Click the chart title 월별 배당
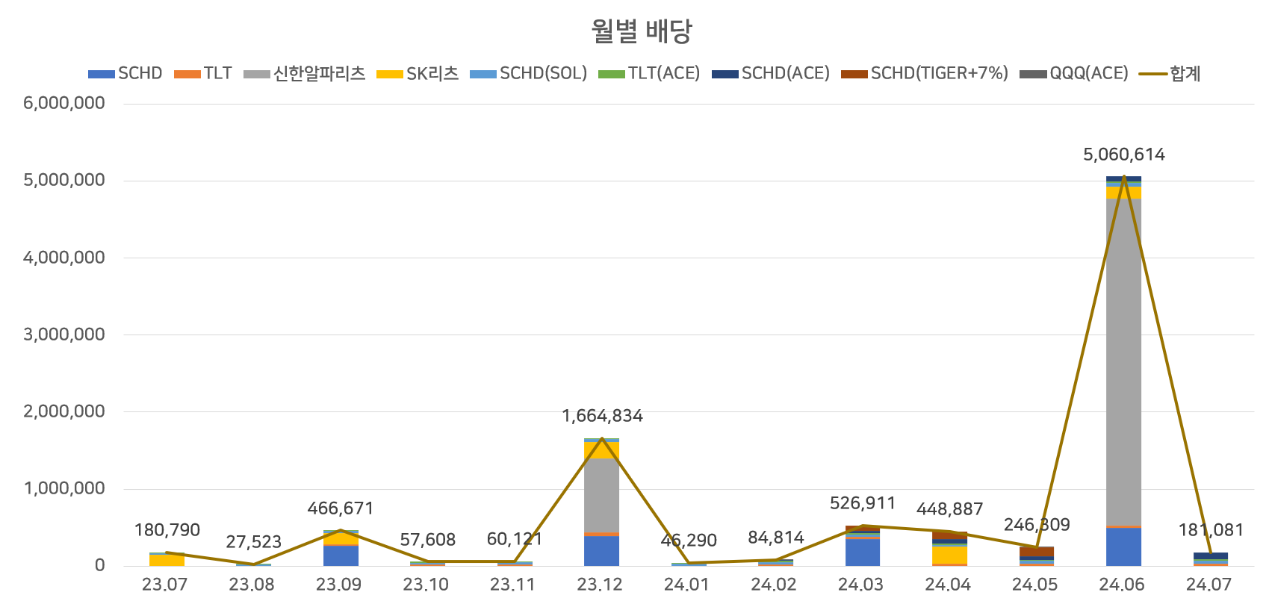click(642, 31)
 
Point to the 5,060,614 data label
click(1123, 155)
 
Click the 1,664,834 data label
click(602, 416)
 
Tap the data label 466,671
click(340, 508)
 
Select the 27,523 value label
click(253, 541)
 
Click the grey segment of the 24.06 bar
click(1123, 358)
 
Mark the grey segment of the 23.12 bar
click(601, 493)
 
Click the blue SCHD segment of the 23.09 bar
click(341, 555)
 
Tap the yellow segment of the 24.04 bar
click(949, 555)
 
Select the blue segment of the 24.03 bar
click(862, 552)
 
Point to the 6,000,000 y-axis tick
click(64, 103)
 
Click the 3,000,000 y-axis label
click(64, 334)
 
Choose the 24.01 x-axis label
click(686, 585)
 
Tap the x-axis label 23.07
click(164, 585)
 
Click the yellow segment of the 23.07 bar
click(167, 560)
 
